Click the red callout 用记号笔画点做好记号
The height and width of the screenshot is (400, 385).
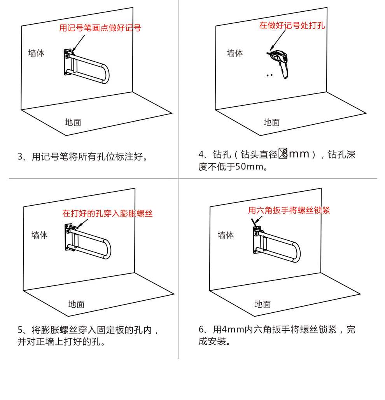pos(100,28)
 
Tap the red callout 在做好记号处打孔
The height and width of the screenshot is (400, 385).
pos(292,26)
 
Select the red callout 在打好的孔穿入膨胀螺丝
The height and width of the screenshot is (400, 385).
pos(107,213)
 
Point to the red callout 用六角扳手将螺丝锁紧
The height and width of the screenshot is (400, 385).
pos(289,210)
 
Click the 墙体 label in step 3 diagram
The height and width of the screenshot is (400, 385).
pos(36,53)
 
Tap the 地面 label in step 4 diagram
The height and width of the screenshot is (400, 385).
pos(271,122)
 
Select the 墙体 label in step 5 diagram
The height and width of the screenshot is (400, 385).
pos(39,235)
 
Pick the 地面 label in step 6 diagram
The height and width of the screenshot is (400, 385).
pos(262,304)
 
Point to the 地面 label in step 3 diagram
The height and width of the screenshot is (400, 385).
pos(73,122)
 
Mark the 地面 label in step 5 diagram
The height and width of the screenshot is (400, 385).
pos(76,304)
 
